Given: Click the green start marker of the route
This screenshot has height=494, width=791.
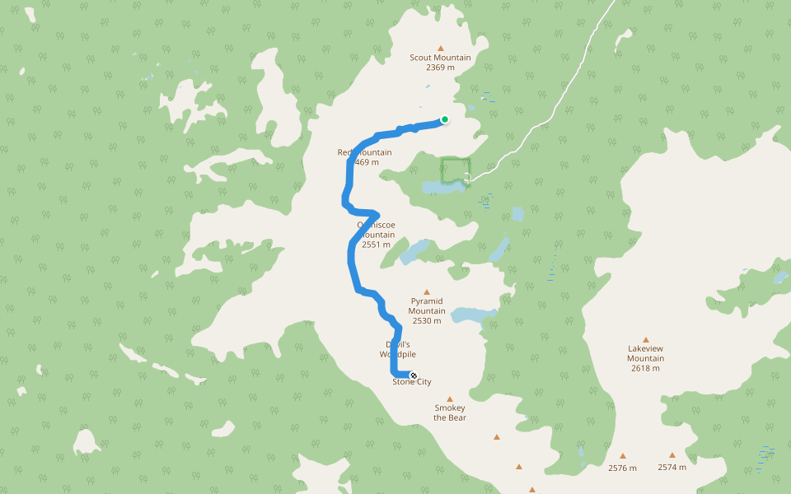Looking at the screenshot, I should click(x=445, y=119).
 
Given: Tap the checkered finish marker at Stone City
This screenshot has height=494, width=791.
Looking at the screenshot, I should click(x=414, y=375).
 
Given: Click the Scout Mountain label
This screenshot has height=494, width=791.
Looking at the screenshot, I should click(x=441, y=58).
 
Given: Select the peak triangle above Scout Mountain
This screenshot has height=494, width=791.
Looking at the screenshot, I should click(x=441, y=48).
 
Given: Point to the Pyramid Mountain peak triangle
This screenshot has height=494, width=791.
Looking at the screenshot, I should click(x=427, y=291).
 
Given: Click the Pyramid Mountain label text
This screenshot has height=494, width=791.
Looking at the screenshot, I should click(x=427, y=306).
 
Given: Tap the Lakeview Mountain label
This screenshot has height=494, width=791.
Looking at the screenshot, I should click(x=646, y=353).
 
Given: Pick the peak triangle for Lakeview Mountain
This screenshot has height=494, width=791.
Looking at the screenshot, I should click(x=646, y=339).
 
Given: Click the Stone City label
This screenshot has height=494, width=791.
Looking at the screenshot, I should click(x=412, y=382).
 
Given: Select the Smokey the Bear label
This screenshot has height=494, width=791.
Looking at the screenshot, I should click(x=450, y=412).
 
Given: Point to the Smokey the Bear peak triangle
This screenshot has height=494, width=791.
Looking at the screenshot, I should click(x=450, y=398).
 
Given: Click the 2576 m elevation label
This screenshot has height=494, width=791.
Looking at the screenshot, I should click(x=623, y=468).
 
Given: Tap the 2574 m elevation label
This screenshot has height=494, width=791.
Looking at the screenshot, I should click(x=672, y=467).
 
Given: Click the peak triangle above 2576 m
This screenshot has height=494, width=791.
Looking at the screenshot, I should click(x=623, y=455).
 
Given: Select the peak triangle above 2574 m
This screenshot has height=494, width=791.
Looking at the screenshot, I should click(x=672, y=454).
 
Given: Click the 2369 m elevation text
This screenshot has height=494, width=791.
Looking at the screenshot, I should click(x=441, y=68).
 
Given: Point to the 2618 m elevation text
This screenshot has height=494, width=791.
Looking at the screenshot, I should click(x=646, y=368).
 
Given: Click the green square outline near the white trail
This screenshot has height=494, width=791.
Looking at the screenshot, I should click(x=455, y=170).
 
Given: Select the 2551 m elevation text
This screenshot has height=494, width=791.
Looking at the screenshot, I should click(x=376, y=245).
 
